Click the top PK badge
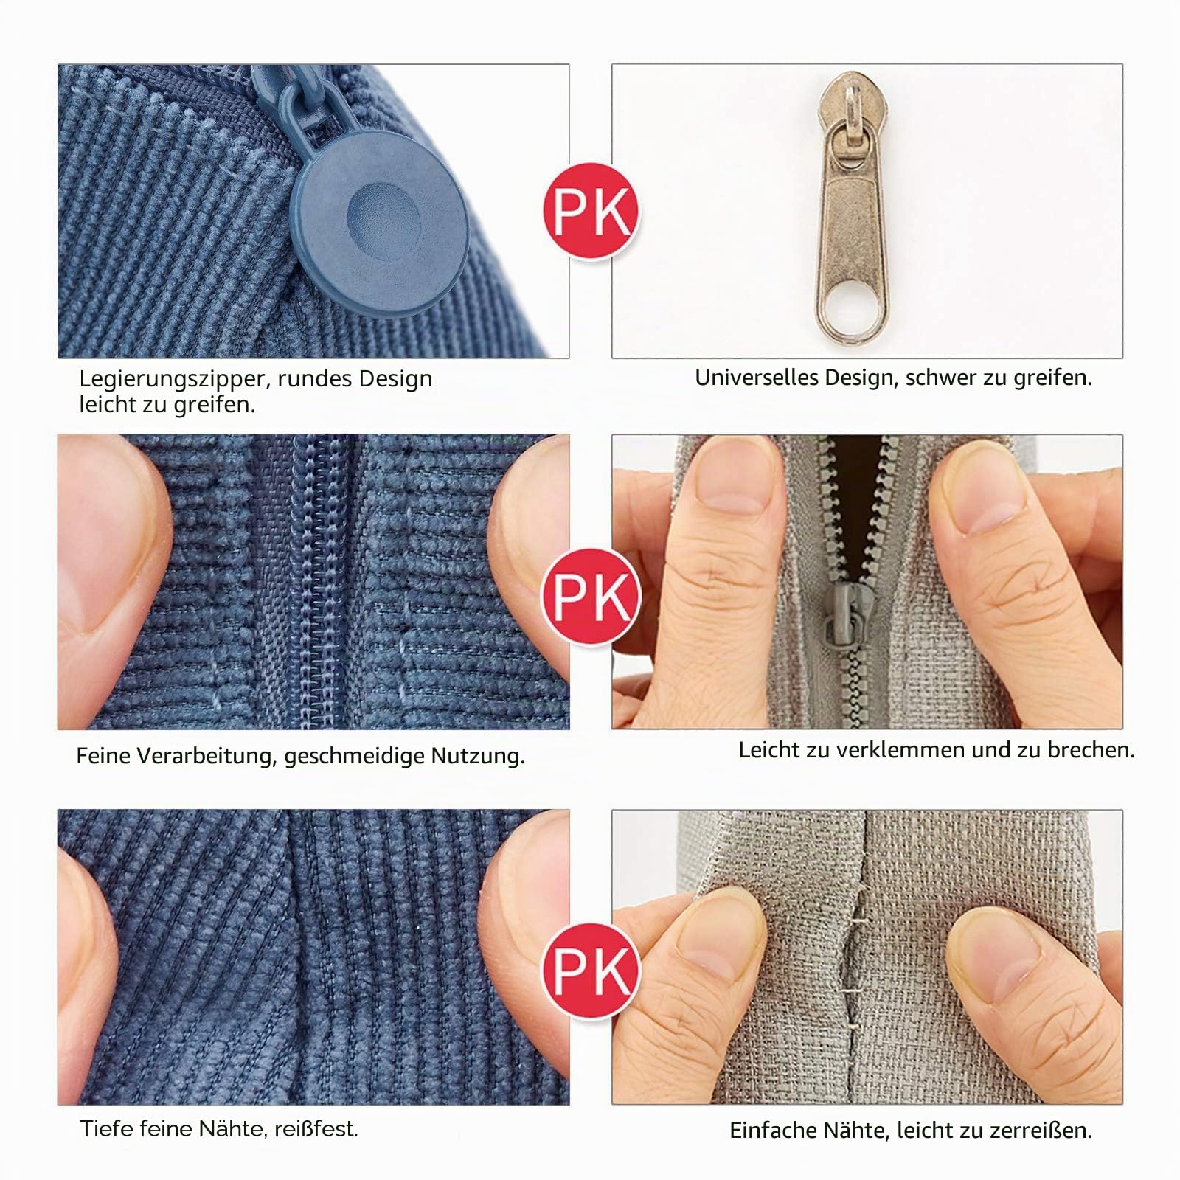click(591, 211)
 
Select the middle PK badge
click(591, 596)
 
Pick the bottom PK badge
click(591, 971)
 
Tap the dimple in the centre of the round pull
click(383, 217)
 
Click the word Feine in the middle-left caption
click(103, 756)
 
